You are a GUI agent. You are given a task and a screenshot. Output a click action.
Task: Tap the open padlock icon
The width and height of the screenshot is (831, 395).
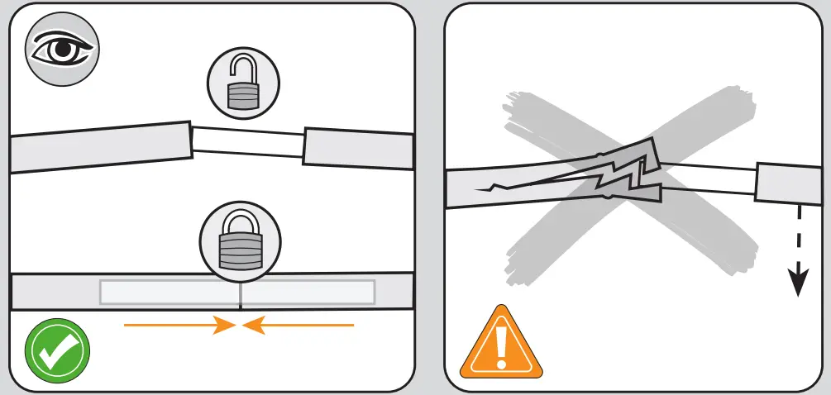[x=243, y=83]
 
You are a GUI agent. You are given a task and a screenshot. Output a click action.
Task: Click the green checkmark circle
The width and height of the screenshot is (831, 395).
[x=57, y=353]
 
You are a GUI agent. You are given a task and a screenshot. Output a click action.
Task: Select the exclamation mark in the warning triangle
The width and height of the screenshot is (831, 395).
[x=502, y=347]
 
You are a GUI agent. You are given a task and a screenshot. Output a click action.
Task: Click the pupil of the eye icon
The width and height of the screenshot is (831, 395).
[x=62, y=50]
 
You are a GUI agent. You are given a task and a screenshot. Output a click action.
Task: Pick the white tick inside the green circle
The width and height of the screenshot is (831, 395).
[x=57, y=354]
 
